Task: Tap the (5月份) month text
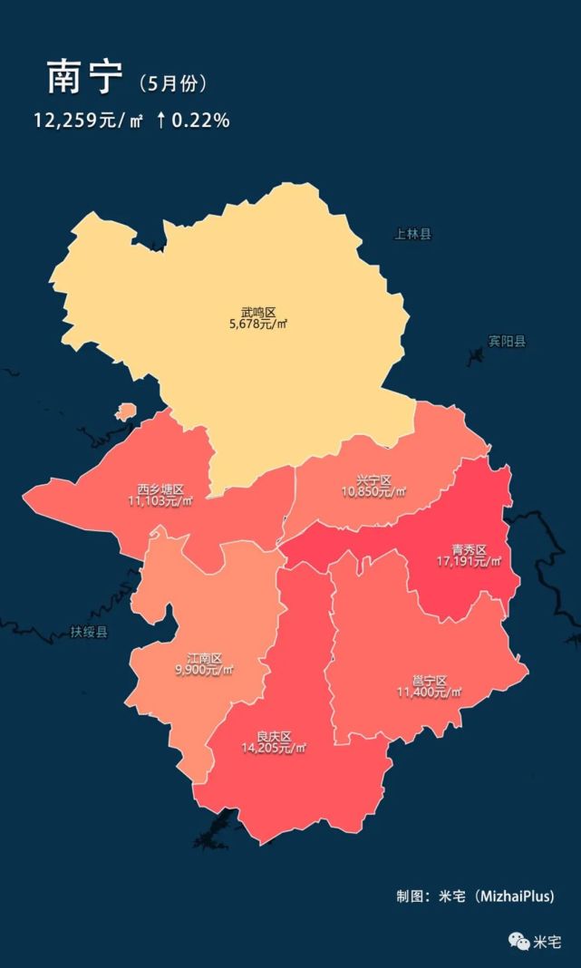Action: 174,83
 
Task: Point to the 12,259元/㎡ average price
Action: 88,120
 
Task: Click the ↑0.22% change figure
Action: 192,120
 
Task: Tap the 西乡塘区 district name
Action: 160,489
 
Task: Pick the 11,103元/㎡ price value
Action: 160,501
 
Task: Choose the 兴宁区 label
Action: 374,480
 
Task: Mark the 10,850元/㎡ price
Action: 374,492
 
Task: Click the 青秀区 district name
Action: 470,550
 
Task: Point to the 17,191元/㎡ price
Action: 470,562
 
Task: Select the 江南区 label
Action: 204,659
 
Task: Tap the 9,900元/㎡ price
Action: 204,671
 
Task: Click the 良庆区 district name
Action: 273,736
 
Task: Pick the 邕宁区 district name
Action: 430,681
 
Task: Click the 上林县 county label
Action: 413,235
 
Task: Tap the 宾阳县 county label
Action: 507,342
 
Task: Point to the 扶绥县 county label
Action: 89,632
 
